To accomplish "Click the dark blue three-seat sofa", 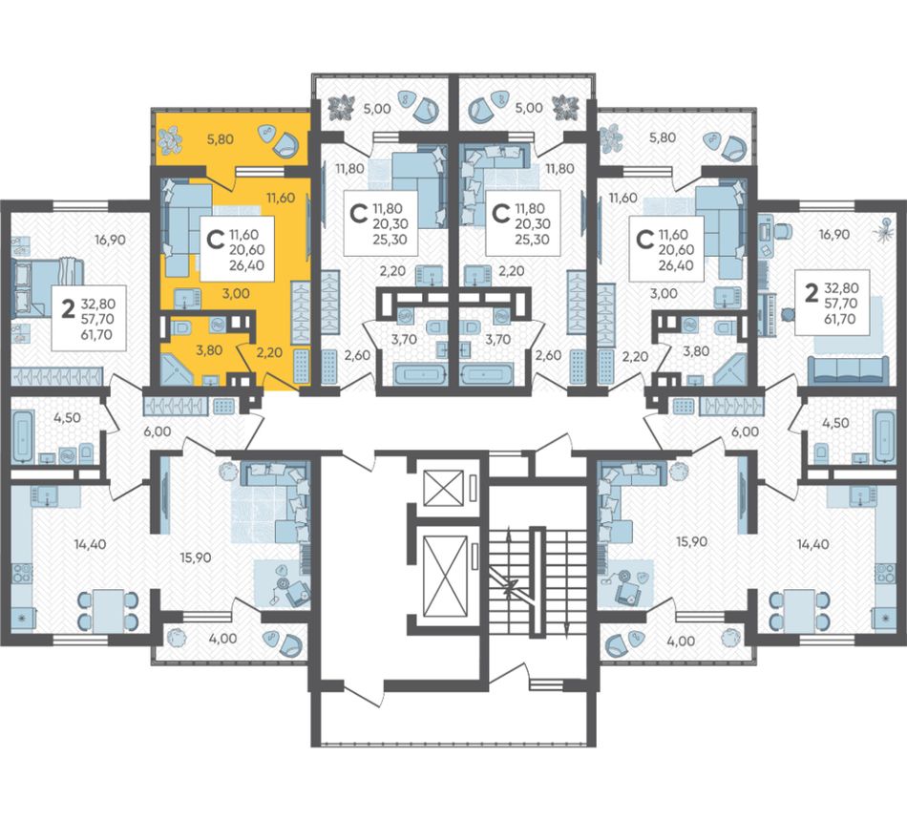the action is pyautogui.click(x=848, y=369).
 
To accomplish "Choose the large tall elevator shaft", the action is pyautogui.click(x=445, y=576).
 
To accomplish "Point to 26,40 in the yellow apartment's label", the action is pyautogui.click(x=246, y=265).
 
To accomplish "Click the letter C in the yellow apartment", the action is pyautogui.click(x=215, y=239).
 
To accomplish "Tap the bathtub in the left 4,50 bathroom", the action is pyautogui.click(x=23, y=435).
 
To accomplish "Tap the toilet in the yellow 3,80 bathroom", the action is pyautogui.click(x=183, y=327).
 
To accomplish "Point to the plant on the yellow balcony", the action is pyautogui.click(x=171, y=139).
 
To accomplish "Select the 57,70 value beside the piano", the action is pyautogui.click(x=840, y=303).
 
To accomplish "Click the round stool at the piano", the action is pyautogui.click(x=787, y=314).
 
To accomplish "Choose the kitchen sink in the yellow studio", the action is pyautogui.click(x=187, y=298).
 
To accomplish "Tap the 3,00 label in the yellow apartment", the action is pyautogui.click(x=236, y=293).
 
